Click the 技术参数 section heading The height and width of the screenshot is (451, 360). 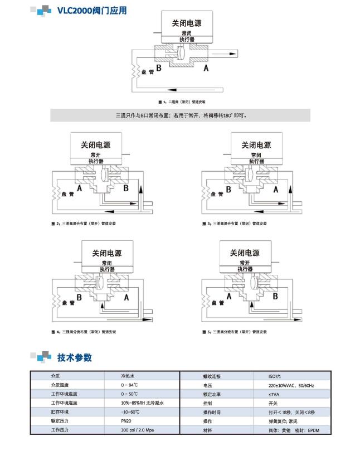[74, 357]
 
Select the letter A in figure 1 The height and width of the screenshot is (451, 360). [206, 67]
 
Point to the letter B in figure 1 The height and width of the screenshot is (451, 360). [159, 67]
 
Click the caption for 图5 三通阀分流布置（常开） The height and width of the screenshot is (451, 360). [234, 332]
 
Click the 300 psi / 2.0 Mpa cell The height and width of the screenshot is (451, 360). [136, 430]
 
